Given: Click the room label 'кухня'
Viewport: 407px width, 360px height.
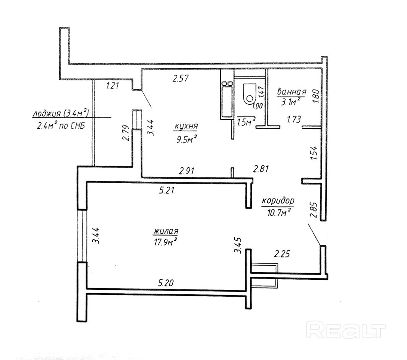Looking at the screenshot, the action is point(186,126).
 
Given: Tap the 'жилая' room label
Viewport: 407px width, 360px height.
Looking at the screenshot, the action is point(166,231).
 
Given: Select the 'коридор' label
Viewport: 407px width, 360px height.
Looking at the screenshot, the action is point(278,200).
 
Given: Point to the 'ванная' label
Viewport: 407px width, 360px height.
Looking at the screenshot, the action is point(292,92).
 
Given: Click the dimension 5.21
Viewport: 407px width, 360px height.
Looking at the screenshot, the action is point(167,191).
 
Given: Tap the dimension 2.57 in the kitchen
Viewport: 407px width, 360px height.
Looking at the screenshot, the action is point(181,79).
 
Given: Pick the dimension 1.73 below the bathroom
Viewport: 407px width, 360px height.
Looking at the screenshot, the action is point(293,120).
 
